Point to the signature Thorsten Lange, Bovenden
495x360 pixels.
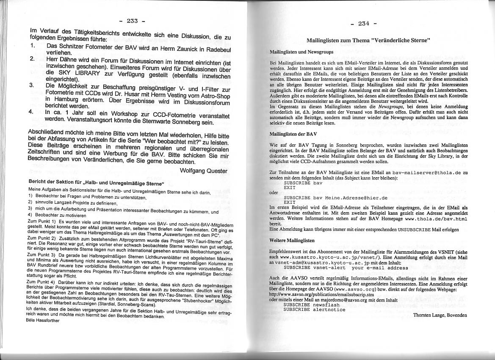440,315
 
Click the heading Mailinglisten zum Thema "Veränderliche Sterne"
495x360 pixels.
368,41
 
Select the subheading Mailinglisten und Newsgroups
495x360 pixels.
301,52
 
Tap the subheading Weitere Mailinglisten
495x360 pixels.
292,240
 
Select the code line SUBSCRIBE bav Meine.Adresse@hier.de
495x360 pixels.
335,197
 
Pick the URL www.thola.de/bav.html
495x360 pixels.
436,219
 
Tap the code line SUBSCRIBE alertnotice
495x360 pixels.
314,309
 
